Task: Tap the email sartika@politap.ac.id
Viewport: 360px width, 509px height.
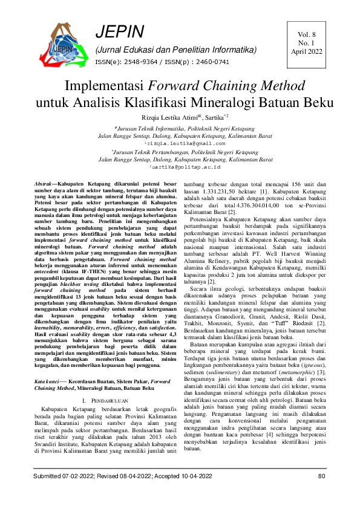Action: (180, 166)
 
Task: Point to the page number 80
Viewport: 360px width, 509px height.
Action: (321, 476)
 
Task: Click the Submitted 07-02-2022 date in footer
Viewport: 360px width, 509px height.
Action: (68, 476)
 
